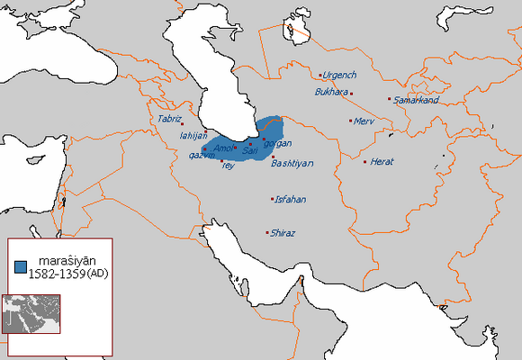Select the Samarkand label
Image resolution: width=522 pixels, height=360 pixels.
click(x=415, y=100)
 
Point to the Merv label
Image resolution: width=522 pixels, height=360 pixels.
click(x=364, y=121)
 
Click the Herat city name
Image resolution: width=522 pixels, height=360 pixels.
click(x=381, y=162)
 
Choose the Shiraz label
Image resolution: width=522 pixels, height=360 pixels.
click(x=283, y=233)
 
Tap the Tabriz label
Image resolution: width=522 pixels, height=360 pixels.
click(x=169, y=119)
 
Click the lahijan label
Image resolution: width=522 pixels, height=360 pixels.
click(x=193, y=135)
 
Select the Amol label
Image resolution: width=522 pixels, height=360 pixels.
click(x=224, y=148)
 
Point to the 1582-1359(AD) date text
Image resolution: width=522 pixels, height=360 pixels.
click(x=65, y=273)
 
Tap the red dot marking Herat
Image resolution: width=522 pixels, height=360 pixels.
click(x=365, y=162)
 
